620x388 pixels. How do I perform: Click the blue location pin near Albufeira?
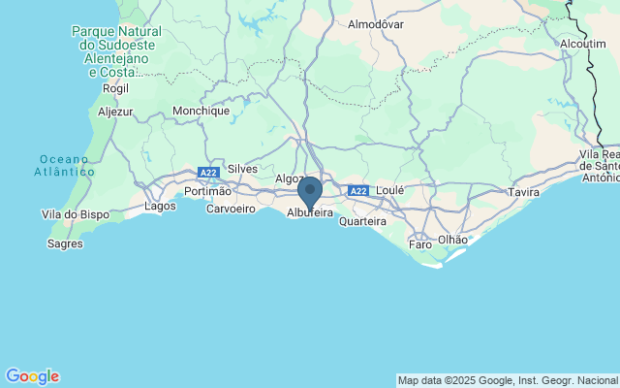(310, 190)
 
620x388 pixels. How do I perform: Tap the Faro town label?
(420, 244)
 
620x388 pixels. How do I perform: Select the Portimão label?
(207, 191)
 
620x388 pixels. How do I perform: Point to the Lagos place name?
(160, 206)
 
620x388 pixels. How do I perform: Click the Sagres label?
(65, 243)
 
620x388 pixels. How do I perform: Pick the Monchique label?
(201, 111)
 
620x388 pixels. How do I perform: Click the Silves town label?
(242, 169)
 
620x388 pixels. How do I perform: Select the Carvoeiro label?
(231, 209)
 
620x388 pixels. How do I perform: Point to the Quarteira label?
(362, 221)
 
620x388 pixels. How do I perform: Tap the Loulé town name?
(389, 191)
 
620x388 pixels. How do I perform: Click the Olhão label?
(452, 239)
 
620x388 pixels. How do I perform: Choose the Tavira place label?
(523, 193)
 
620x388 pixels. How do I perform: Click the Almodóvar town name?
(375, 23)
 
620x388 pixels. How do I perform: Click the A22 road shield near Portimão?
(208, 173)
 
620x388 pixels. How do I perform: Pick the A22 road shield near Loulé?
(358, 191)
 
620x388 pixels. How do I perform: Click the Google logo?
(32, 376)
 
